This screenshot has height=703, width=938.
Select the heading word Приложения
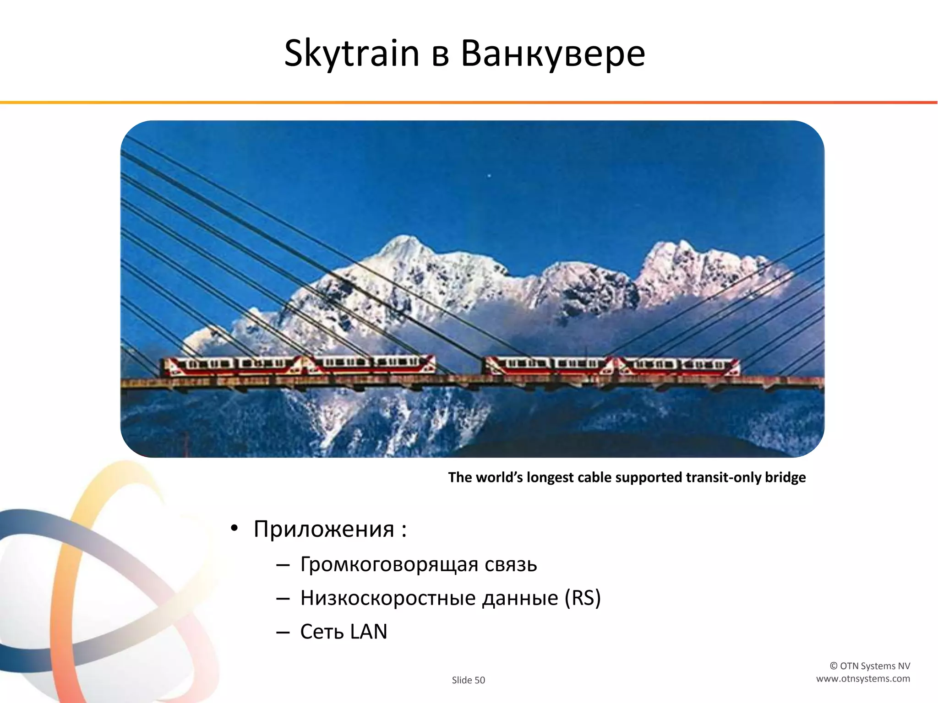pyautogui.click(x=324, y=530)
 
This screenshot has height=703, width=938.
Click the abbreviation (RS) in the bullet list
pyautogui.click(x=583, y=598)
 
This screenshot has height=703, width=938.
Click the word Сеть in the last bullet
pyautogui.click(x=322, y=632)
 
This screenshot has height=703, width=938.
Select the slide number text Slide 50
pyautogui.click(x=468, y=680)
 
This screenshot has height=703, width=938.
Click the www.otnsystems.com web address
pyautogui.click(x=863, y=679)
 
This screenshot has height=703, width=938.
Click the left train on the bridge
pyautogui.click(x=299, y=365)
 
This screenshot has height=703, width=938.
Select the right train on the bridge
pyautogui.click(x=611, y=366)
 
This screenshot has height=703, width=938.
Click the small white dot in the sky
pyautogui.click(x=490, y=176)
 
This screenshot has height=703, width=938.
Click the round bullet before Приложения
pyautogui.click(x=234, y=529)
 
